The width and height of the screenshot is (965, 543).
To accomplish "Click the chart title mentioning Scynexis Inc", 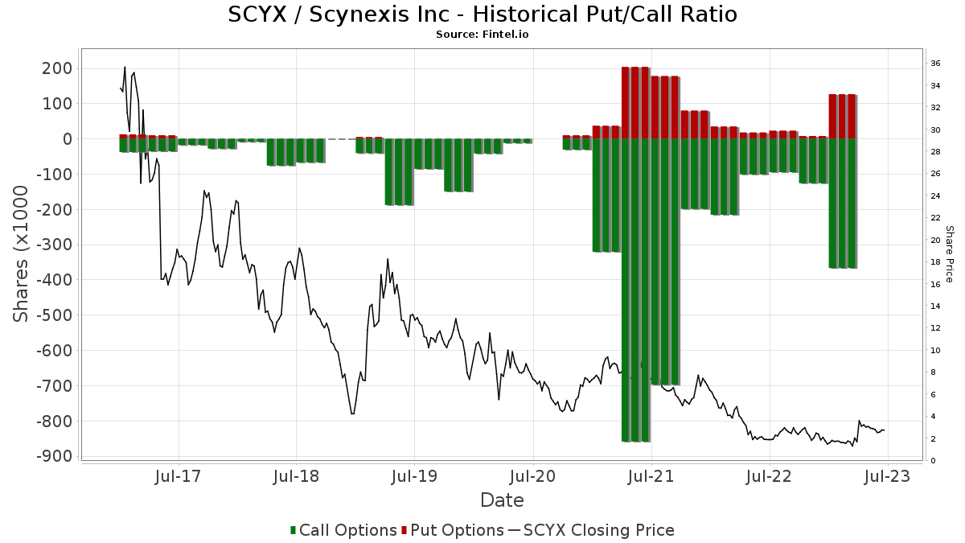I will (482, 14).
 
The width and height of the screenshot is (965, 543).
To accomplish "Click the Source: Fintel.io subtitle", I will (482, 35).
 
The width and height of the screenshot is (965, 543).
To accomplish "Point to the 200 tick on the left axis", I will (56, 68).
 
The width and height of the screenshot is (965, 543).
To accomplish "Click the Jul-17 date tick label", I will (178, 476).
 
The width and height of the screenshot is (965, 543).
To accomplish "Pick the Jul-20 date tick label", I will (532, 476).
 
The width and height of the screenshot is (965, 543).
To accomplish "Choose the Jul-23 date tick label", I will (887, 476).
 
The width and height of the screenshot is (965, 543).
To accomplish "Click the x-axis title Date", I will (502, 500).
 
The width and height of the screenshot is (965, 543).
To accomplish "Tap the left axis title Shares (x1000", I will (22, 253).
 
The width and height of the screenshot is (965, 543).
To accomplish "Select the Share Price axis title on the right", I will (949, 253).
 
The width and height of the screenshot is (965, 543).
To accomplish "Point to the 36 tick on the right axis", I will (935, 64).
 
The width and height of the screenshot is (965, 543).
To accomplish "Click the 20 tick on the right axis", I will (935, 241).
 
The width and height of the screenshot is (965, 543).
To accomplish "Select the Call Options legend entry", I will (343, 530).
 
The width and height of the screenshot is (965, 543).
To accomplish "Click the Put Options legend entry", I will (457, 530).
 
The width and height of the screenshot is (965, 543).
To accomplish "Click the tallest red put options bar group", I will (635, 103).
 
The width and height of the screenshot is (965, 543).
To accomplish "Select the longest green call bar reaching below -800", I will (635, 290).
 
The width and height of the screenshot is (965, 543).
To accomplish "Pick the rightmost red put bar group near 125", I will (842, 117).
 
